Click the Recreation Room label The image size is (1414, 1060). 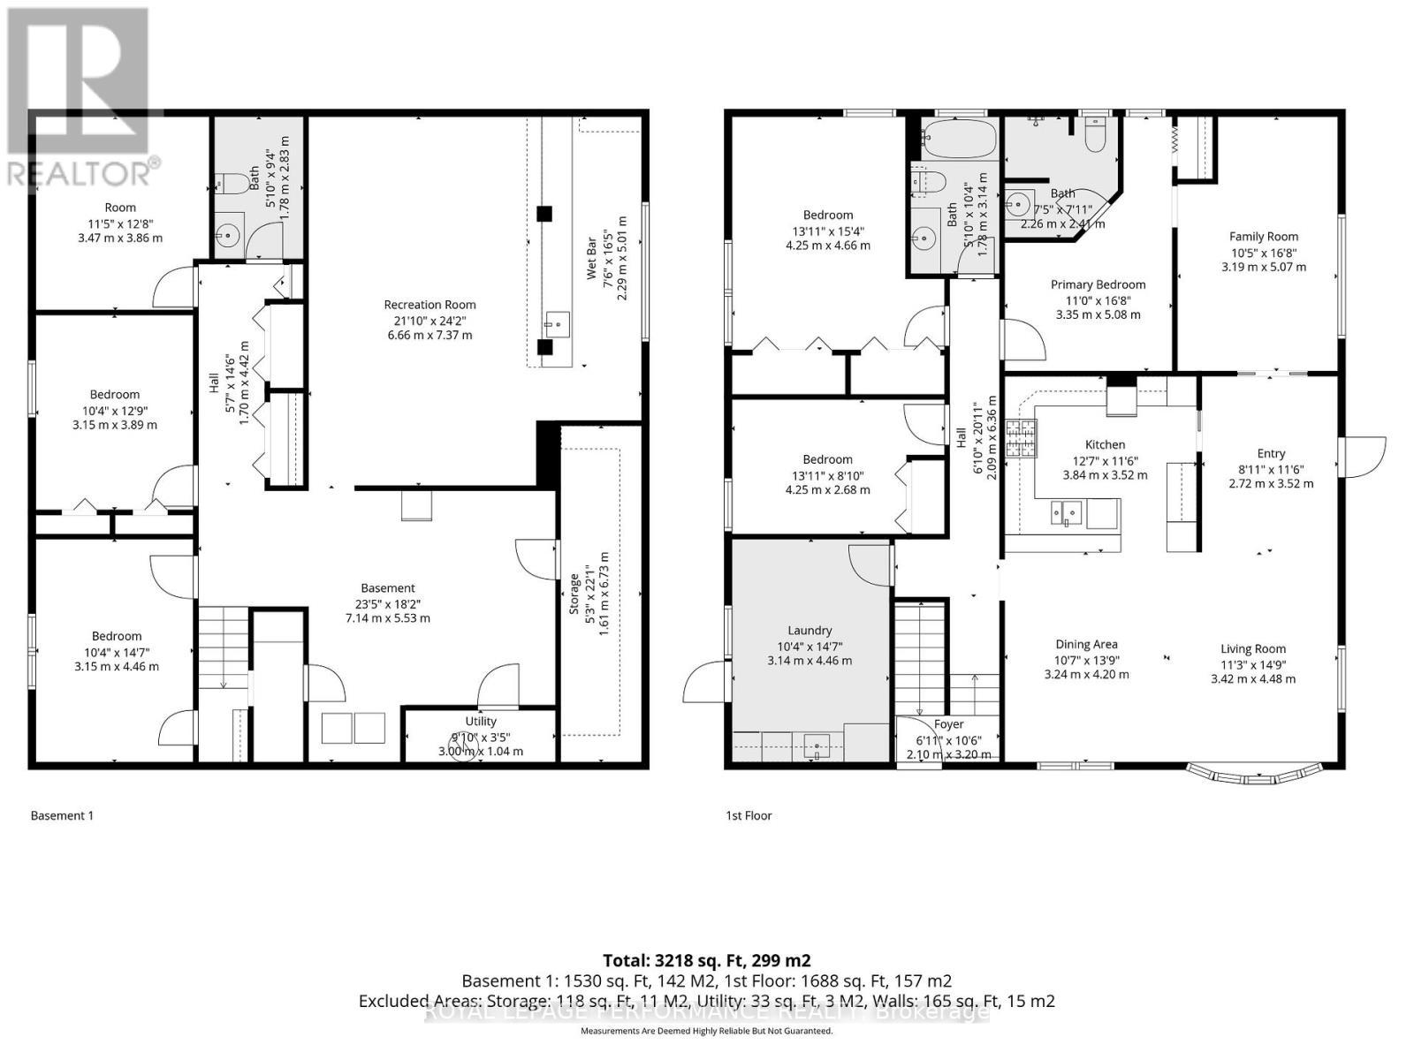(430, 305)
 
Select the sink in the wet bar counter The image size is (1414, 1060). (556, 324)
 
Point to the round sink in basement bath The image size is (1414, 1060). (229, 235)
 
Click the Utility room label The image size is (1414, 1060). (481, 722)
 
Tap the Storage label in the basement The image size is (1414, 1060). (575, 595)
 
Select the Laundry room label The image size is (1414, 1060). (810, 631)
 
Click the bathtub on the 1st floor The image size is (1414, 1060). (959, 139)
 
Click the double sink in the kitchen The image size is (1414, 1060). (1066, 512)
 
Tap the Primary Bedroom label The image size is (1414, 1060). (1098, 284)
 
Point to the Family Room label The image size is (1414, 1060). (1264, 236)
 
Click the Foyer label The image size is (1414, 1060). (948, 724)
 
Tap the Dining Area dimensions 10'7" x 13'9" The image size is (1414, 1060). (1086, 660)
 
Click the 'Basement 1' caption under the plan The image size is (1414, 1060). (62, 815)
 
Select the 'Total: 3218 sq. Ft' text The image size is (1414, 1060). (706, 960)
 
